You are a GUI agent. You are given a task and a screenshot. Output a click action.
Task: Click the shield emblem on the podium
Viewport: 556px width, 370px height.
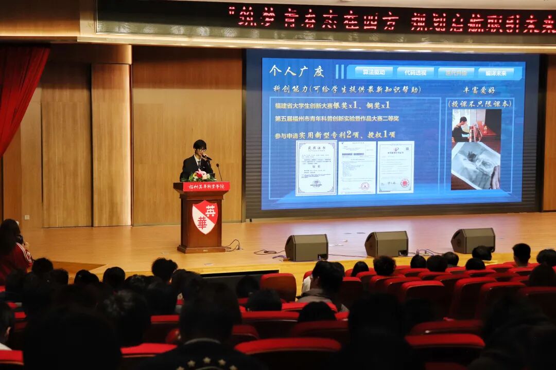pyautogui.click(x=205, y=216)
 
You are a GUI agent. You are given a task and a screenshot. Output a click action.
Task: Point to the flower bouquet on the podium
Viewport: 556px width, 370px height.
pyautogui.click(x=200, y=176)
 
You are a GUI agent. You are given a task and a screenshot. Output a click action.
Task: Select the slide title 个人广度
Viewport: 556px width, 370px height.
pyautogui.click(x=297, y=71)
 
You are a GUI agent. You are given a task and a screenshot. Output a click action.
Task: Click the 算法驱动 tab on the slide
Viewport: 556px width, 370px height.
pyautogui.click(x=370, y=72)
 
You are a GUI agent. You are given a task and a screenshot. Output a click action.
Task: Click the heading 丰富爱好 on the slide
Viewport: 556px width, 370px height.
pyautogui.click(x=479, y=89)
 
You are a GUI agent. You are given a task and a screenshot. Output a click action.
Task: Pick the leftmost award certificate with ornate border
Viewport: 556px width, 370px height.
pyautogui.click(x=316, y=168)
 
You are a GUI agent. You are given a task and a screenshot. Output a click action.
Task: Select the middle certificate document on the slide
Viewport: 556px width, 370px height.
pyautogui.click(x=356, y=168)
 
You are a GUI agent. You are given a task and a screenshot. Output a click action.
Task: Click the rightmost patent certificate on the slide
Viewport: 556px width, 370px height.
pyautogui.click(x=395, y=167)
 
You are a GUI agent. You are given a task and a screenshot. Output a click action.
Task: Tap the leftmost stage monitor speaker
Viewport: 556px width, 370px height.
pyautogui.click(x=306, y=247)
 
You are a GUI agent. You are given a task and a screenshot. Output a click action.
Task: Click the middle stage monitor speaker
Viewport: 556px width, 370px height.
pyautogui.click(x=387, y=244)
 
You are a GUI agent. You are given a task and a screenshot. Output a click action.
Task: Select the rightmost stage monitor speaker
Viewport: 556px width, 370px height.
pyautogui.click(x=473, y=240)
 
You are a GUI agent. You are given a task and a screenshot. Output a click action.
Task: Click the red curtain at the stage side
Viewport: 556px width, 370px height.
pyautogui.click(x=21, y=92)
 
